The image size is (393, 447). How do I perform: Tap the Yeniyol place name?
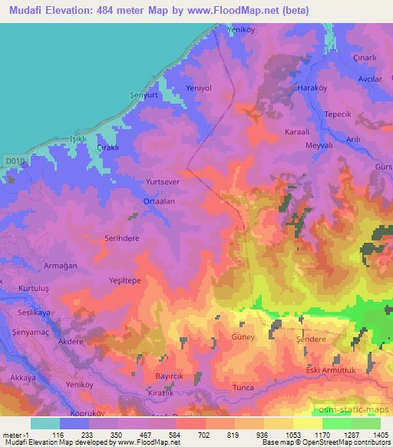198,88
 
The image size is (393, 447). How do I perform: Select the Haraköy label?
310,88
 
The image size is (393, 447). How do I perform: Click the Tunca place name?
243,388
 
